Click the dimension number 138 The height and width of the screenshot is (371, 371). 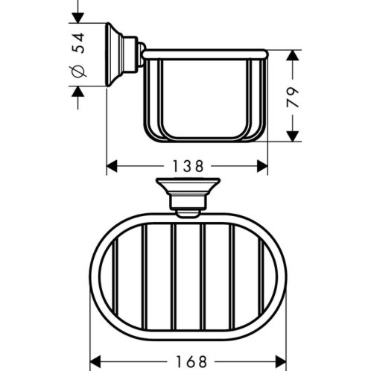point(188,166)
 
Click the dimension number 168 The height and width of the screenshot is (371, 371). point(191,362)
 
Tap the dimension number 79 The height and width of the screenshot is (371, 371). point(293,97)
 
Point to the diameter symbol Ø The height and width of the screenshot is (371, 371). point(78,71)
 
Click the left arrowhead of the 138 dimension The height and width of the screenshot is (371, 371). point(112,166)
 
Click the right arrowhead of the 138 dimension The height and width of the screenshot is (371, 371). point(262,166)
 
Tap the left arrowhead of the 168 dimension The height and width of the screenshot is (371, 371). point(95,362)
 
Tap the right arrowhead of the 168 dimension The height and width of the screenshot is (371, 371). point(281,362)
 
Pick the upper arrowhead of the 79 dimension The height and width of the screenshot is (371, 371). point(293,55)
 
